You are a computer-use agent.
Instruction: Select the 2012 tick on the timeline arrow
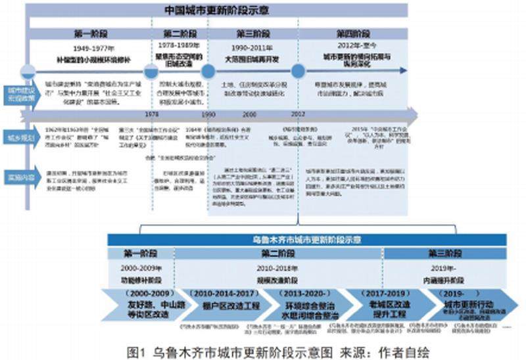click(298, 114)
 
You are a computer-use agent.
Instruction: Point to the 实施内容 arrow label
click(20, 177)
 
